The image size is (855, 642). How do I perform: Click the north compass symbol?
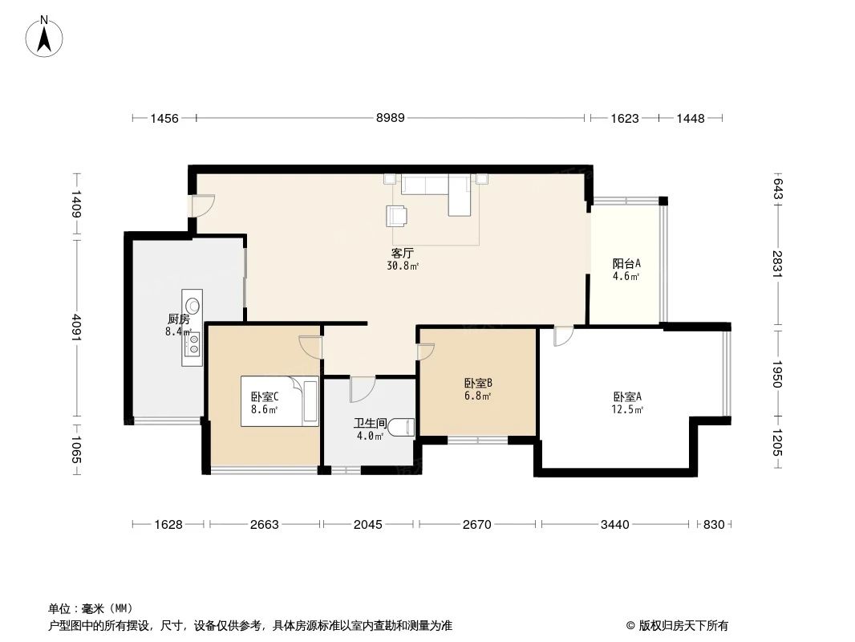click(47, 36)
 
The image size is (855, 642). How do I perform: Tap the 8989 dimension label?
click(391, 118)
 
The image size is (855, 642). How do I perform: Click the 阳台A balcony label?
click(626, 263)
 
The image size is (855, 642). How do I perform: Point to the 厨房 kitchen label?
click(178, 319)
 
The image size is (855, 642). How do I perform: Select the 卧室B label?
click(478, 383)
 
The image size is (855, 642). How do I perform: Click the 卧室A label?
click(627, 396)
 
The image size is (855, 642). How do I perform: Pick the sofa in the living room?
click(437, 189)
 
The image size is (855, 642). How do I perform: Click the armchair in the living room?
click(397, 215)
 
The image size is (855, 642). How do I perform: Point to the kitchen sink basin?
click(192, 305)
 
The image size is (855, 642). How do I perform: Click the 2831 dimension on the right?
click(777, 263)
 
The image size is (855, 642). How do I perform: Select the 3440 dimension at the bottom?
click(614, 524)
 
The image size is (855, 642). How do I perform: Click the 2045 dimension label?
click(368, 524)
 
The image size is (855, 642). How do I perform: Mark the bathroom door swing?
click(360, 389)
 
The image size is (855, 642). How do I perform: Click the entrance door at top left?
click(201, 206)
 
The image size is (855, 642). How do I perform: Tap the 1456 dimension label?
click(164, 118)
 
